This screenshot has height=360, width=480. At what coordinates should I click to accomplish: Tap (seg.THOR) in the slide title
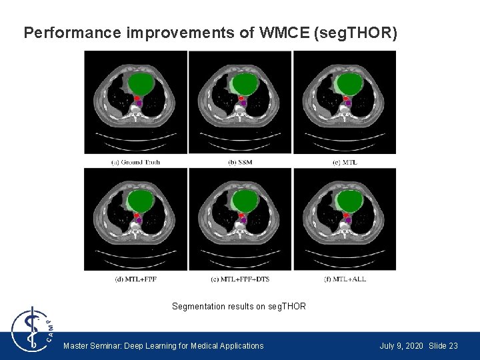pyautogui.click(x=355, y=33)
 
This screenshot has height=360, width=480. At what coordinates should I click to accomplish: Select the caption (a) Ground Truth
pyautogui.click(x=135, y=162)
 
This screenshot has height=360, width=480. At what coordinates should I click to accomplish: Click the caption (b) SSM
pyautogui.click(x=240, y=162)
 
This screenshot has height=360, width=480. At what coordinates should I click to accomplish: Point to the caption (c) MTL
pyautogui.click(x=345, y=162)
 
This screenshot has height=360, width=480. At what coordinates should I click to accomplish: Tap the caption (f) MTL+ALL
pyautogui.click(x=345, y=279)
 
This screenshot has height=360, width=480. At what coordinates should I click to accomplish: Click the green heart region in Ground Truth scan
pyautogui.click(x=141, y=85)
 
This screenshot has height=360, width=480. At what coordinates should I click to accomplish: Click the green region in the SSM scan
pyautogui.click(x=245, y=85)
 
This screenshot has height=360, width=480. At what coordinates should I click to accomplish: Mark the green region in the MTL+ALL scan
pyautogui.click(x=350, y=201)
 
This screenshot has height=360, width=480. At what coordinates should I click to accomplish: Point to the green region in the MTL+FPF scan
pyautogui.click(x=141, y=201)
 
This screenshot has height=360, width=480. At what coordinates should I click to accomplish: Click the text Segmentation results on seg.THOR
pyautogui.click(x=239, y=307)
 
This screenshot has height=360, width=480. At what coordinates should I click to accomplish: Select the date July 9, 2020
pyautogui.click(x=401, y=346)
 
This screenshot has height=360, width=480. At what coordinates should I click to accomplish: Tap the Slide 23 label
pyautogui.click(x=443, y=346)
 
